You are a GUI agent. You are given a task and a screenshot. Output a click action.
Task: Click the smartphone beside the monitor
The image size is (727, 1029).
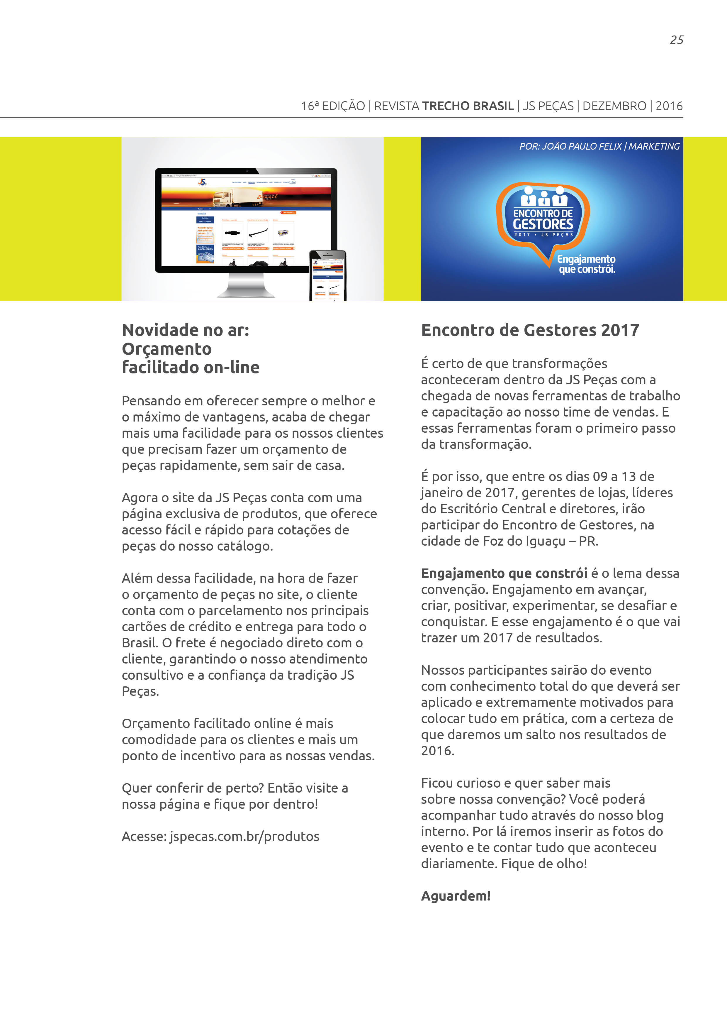click(328, 275)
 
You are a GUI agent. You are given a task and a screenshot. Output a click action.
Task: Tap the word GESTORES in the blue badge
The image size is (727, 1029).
click(543, 224)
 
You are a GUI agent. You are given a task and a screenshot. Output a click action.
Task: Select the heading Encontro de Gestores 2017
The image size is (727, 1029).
click(530, 330)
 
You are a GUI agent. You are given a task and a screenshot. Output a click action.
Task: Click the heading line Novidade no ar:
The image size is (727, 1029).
click(186, 330)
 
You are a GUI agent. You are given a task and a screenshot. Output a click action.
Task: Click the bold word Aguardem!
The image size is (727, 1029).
click(456, 896)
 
